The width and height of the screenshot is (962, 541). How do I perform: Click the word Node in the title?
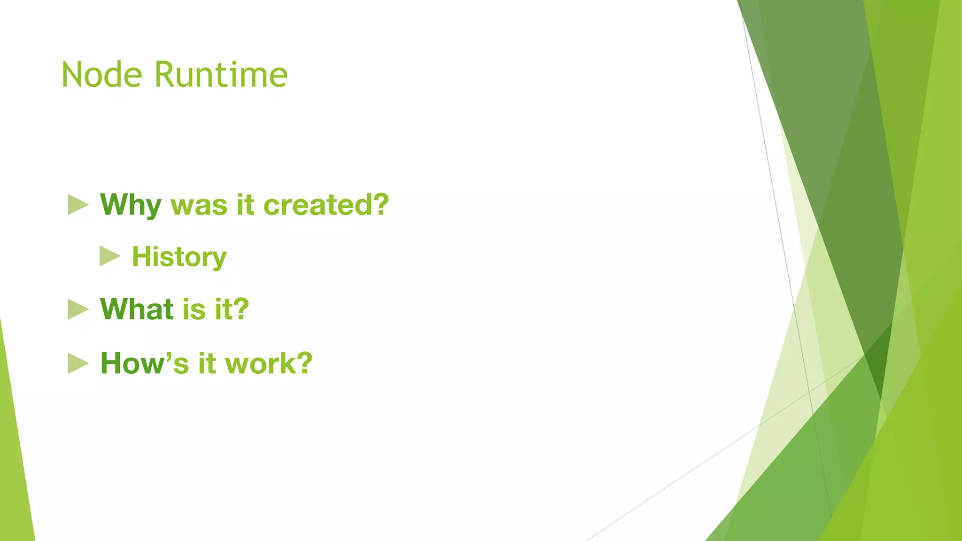click(101, 75)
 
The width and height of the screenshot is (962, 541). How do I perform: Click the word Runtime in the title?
click(221, 75)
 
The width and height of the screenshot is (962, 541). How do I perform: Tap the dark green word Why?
click(131, 205)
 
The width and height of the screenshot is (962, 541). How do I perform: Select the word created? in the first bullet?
click(326, 205)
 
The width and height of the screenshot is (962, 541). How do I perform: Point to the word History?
click(179, 257)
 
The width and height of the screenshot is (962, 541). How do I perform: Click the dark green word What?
click(137, 309)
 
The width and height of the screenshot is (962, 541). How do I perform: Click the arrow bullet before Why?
click(78, 205)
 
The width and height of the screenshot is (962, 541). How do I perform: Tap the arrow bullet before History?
click(109, 256)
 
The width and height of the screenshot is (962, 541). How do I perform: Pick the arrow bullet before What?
click(78, 309)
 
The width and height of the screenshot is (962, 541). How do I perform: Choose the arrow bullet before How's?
click(78, 363)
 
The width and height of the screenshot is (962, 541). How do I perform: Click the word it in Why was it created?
click(245, 205)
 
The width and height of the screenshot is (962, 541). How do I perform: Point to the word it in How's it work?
click(206, 363)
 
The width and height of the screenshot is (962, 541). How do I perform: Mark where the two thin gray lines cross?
click(809, 391)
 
